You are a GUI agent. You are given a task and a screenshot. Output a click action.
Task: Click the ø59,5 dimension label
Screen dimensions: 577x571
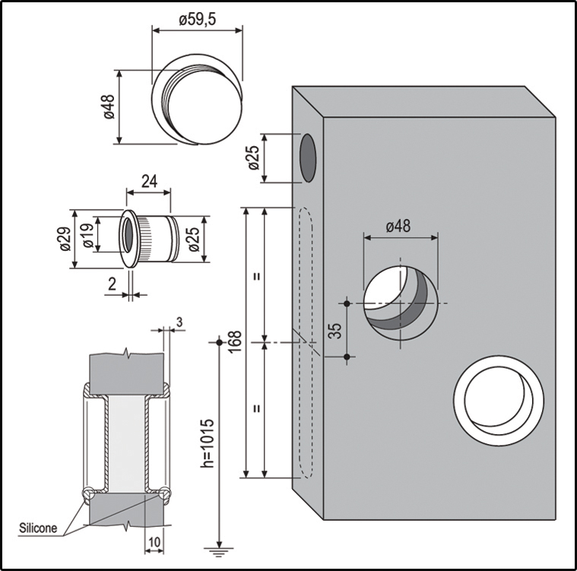198,20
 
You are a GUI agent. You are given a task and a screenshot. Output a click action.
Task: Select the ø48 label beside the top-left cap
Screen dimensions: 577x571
109,106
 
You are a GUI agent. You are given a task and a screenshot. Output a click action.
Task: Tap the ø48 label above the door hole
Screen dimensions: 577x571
398,226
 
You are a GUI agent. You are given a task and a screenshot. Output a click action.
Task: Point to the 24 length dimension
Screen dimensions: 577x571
150,182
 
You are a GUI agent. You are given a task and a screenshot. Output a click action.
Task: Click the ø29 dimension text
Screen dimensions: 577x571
65,239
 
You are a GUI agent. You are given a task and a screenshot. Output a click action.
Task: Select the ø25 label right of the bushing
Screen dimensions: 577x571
194,240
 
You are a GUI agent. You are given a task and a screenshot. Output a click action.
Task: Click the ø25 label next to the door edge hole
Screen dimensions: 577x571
254,158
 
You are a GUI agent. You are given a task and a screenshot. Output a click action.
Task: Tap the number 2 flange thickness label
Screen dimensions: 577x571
113,284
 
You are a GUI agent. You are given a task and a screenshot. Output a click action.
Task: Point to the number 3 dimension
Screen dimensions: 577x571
179,322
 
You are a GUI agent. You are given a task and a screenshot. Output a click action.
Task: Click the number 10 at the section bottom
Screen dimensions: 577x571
154,542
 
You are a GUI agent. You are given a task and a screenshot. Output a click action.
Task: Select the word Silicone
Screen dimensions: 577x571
38,528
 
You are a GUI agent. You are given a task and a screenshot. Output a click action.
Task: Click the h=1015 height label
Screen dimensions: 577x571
208,443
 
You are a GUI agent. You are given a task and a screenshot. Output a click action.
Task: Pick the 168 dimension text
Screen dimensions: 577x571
234,342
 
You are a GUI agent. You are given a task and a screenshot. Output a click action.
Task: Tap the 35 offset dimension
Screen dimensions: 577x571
334,331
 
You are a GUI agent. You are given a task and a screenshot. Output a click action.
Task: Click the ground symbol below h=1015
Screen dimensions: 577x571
219,552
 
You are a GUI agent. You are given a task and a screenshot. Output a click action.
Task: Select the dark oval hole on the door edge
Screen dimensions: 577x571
308,158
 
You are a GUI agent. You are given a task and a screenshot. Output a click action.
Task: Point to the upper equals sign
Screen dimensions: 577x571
257,276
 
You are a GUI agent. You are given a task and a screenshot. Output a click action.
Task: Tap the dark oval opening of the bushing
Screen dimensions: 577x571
128,235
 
